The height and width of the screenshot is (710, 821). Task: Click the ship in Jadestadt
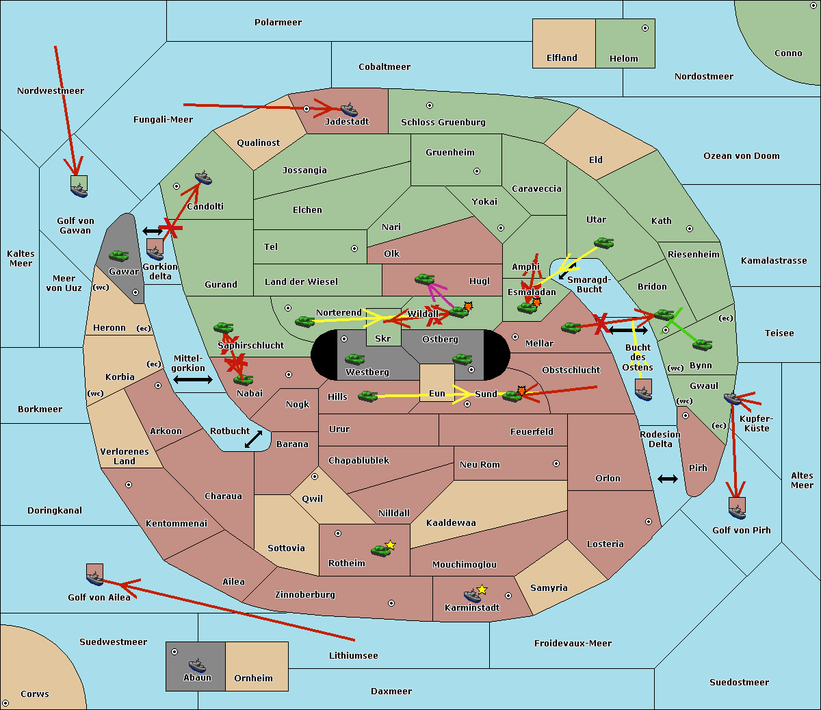click(x=349, y=110)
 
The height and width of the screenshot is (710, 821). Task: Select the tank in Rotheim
click(x=380, y=550)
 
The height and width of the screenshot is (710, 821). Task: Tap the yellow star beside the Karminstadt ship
click(x=482, y=589)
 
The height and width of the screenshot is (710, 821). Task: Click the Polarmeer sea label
click(x=278, y=23)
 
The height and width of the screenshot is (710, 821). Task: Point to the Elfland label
click(x=562, y=58)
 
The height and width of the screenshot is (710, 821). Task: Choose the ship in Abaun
click(x=197, y=665)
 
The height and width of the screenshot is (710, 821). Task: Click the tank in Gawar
click(x=118, y=255)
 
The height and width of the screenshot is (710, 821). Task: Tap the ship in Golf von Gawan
click(x=79, y=190)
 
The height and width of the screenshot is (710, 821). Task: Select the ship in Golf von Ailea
click(x=95, y=578)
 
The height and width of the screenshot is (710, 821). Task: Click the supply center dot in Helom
click(x=645, y=28)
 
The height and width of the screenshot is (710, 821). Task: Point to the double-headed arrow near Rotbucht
click(x=253, y=439)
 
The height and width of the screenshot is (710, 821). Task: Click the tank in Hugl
click(x=424, y=279)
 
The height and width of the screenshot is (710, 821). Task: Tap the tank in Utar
click(x=603, y=243)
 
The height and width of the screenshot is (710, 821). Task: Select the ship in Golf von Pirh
click(x=737, y=512)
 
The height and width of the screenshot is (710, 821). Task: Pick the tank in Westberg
click(x=354, y=359)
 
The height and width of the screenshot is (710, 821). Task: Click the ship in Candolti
click(x=203, y=178)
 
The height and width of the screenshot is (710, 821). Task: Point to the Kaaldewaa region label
click(x=451, y=523)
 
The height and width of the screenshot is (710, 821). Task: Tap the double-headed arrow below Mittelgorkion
click(x=193, y=379)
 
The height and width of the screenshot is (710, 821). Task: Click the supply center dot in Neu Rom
click(x=556, y=464)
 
